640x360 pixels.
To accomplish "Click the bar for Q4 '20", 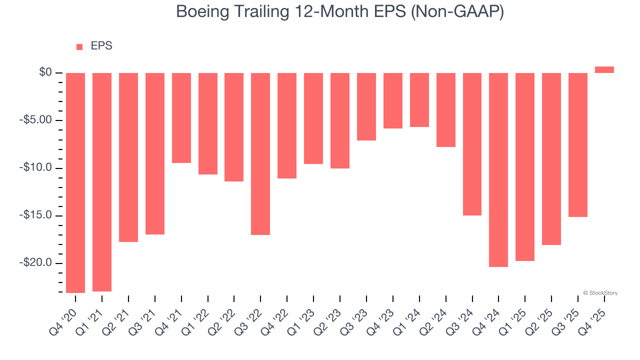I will pos(75,182).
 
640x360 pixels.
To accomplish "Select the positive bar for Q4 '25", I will pos(604,70).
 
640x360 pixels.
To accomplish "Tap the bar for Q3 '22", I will pos(260,153).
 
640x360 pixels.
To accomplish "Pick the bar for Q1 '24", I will pos(419,100).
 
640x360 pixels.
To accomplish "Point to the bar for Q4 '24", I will pos(498,169).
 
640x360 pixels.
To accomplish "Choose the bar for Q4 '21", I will pos(181,118).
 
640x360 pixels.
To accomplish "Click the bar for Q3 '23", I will pos(366,106).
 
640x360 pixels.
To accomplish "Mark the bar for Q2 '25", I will pos(551,158).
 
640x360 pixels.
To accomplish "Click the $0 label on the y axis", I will pos(45,73).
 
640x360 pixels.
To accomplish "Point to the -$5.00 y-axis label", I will pos(35,120).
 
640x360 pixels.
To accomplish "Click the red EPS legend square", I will pos(79,47).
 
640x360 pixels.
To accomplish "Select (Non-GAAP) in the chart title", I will pos(457,12).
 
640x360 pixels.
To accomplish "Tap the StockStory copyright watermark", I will pos(600,293).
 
